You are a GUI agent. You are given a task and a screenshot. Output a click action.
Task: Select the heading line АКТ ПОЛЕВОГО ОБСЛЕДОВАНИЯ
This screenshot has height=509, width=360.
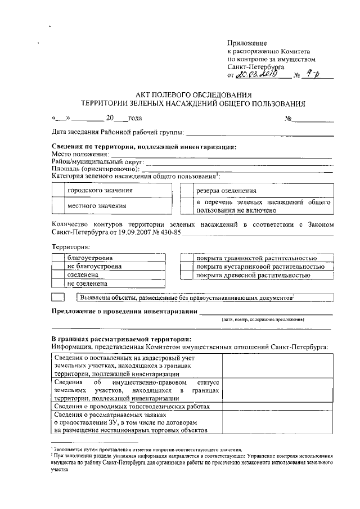[193, 94]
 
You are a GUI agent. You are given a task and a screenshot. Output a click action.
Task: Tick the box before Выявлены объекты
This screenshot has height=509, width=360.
[58, 296]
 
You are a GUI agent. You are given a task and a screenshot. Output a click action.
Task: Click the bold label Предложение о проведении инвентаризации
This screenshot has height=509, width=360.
[124, 312]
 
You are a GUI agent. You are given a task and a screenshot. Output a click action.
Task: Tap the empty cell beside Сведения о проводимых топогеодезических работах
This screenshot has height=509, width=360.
[277, 406]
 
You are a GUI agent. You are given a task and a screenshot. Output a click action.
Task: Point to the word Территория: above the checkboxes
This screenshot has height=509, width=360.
[70, 247]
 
